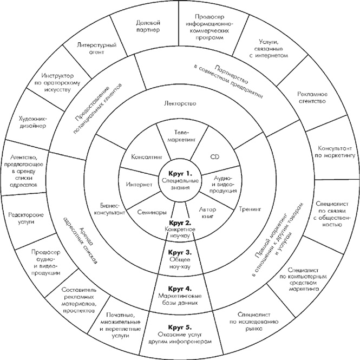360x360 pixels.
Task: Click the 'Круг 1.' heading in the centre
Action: point(179,173)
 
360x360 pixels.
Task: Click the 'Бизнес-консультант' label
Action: point(112,210)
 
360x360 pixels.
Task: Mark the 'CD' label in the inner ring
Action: point(214,156)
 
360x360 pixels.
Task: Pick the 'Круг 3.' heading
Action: point(179,253)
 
